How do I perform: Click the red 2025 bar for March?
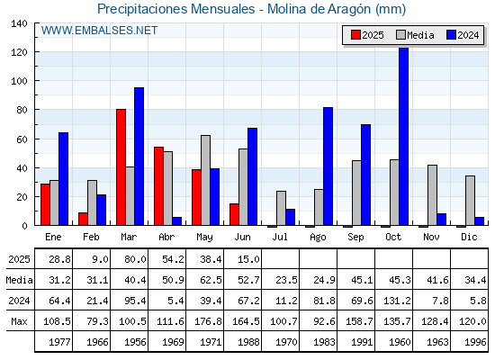tap(121, 167)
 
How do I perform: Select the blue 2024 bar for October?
tap(403, 136)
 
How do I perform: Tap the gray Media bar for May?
tap(206, 180)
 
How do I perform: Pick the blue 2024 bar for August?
tap(328, 166)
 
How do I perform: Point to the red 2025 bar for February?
tap(83, 219)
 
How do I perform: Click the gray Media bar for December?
tap(470, 201)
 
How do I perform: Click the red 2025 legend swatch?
tap(355, 35)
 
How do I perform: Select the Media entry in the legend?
tap(415, 35)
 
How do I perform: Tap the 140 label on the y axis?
tap(19, 23)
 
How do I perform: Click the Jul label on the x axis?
tap(280, 237)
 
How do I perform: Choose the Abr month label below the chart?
tap(166, 237)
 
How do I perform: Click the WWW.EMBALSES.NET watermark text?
tap(99, 31)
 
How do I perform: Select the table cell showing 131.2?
tap(397, 301)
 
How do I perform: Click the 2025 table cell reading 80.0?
tap(135, 259)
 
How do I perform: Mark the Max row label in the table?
tap(19, 321)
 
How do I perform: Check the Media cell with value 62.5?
tap(211, 280)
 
